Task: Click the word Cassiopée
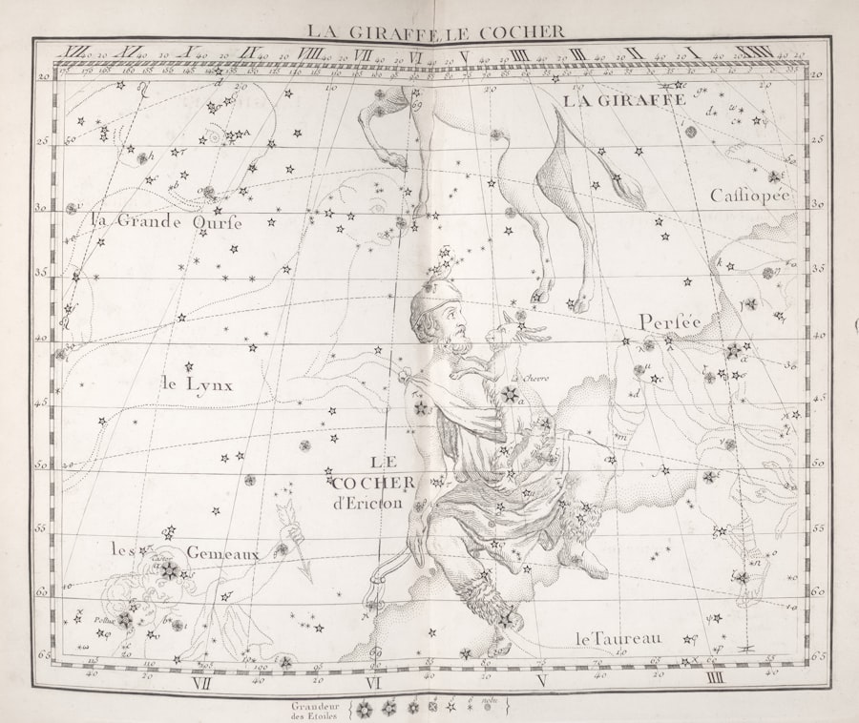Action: point(750,196)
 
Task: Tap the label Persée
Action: point(670,322)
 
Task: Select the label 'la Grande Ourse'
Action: point(166,221)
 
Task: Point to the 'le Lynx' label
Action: point(197,384)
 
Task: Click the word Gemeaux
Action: point(222,552)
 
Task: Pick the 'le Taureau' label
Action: point(618,637)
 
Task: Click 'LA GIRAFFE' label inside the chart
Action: point(623,99)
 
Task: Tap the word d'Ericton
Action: point(368,503)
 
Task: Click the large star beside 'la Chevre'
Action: point(511,395)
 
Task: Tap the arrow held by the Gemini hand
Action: point(294,540)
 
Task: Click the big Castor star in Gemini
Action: point(170,570)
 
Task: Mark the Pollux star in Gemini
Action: point(125,620)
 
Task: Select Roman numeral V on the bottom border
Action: point(541,681)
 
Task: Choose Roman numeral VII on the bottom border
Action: point(201,682)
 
